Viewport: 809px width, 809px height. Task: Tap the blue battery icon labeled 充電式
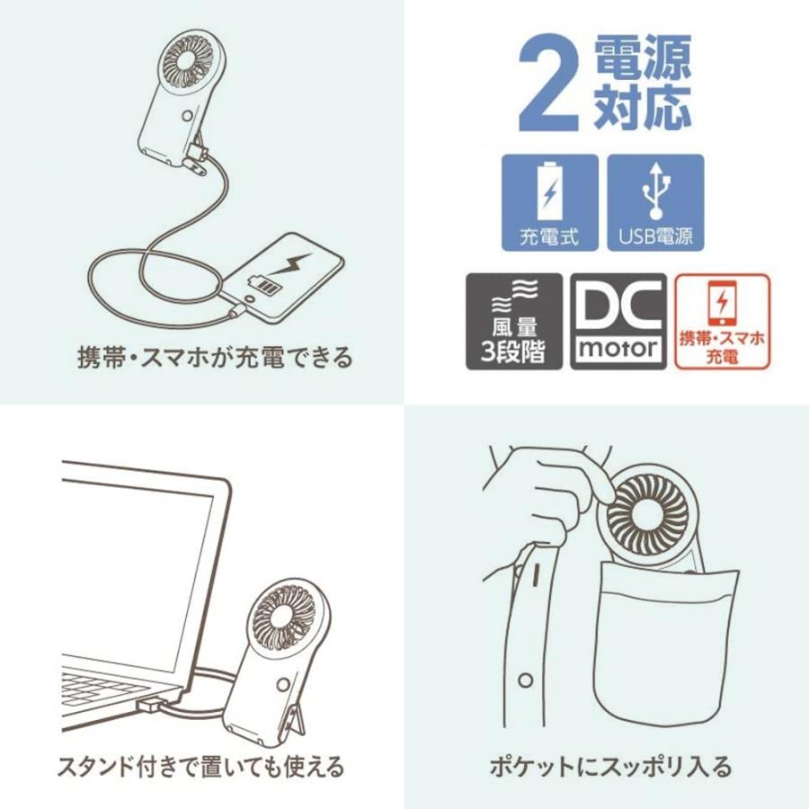coord(549,202)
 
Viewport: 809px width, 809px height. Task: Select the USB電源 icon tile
coord(655,202)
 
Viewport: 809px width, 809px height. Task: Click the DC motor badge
coord(618,321)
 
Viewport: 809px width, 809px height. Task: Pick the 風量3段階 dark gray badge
coord(513,321)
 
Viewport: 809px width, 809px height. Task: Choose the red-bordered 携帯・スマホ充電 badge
coord(722,321)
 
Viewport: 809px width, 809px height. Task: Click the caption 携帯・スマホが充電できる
coord(215,357)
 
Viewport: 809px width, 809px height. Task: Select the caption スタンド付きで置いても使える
coord(201,767)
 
